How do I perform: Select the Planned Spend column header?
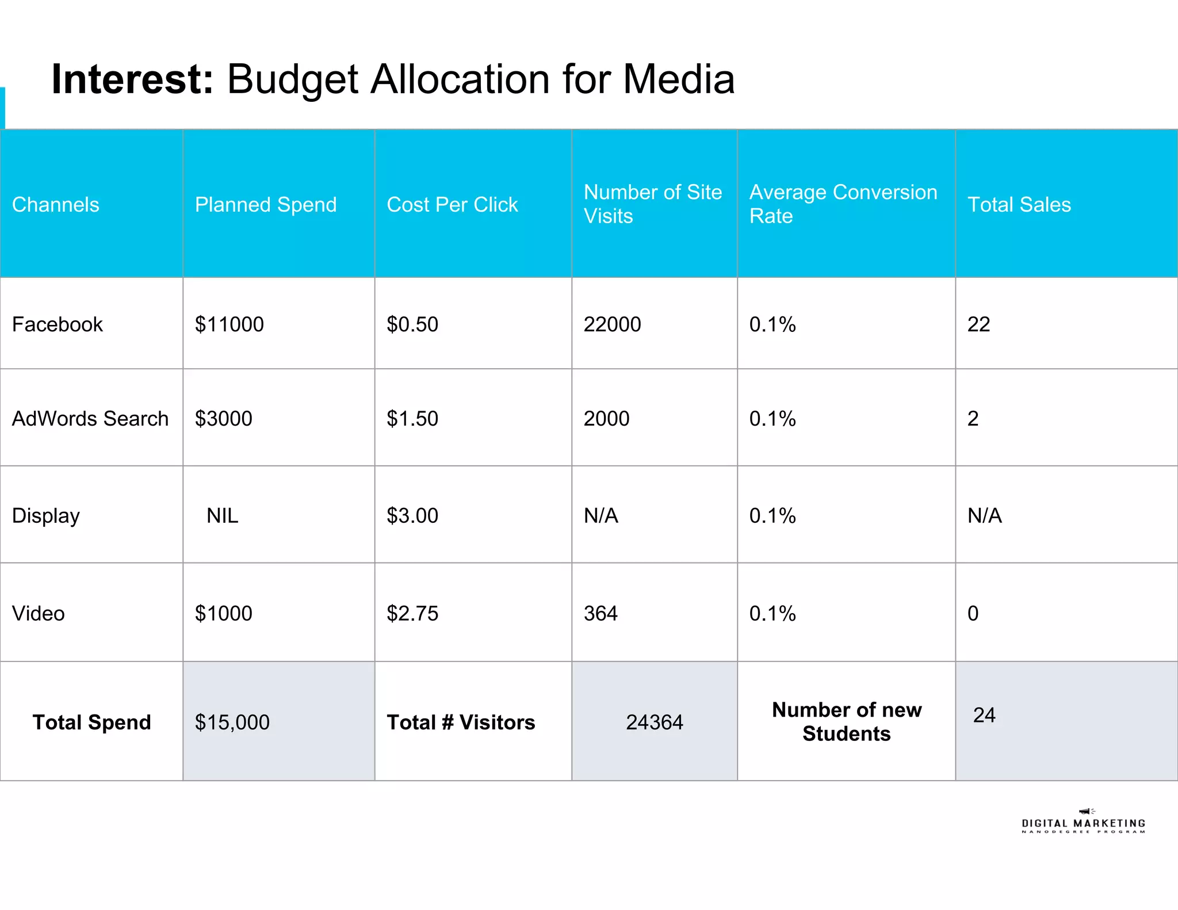265,205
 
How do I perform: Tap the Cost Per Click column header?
452,205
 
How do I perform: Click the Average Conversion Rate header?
843,204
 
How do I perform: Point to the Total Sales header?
1019,205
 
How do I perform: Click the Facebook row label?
57,324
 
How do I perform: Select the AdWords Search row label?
90,419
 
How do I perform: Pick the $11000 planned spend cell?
229,324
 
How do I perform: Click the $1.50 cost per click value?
412,419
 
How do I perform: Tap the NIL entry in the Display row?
222,516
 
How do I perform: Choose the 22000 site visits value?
612,324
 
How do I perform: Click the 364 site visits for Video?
601,614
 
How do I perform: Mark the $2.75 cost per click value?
412,614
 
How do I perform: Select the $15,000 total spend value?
232,722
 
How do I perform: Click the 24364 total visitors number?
654,722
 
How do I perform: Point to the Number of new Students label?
846,722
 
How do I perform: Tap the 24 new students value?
984,715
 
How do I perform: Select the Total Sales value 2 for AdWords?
973,419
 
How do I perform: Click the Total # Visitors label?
461,722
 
